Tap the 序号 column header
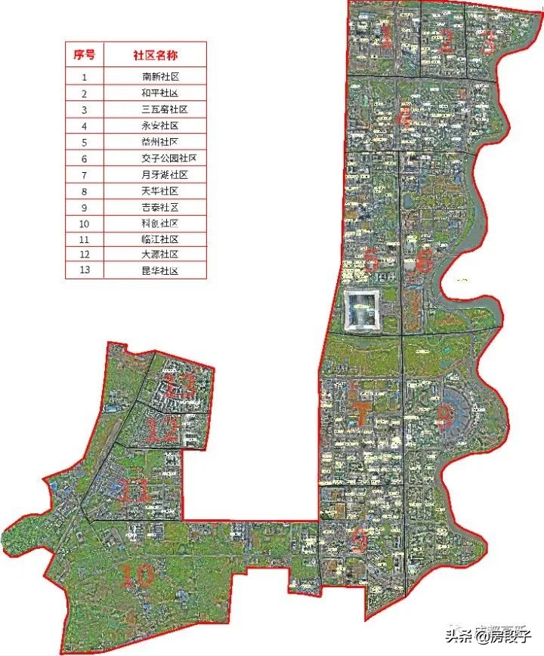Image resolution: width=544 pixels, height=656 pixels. [85, 55]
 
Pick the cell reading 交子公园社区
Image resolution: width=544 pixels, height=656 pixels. [168, 158]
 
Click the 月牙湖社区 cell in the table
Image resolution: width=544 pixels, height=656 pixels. [163, 174]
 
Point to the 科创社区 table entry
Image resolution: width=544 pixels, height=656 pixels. [159, 223]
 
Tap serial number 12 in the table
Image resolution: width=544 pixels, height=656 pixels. [85, 254]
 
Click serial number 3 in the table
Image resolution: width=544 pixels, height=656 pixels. [85, 109]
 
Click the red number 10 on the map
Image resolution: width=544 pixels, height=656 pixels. [138, 576]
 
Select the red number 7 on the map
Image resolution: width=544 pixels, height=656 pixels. [363, 413]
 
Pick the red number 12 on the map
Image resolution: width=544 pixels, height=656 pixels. [162, 431]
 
